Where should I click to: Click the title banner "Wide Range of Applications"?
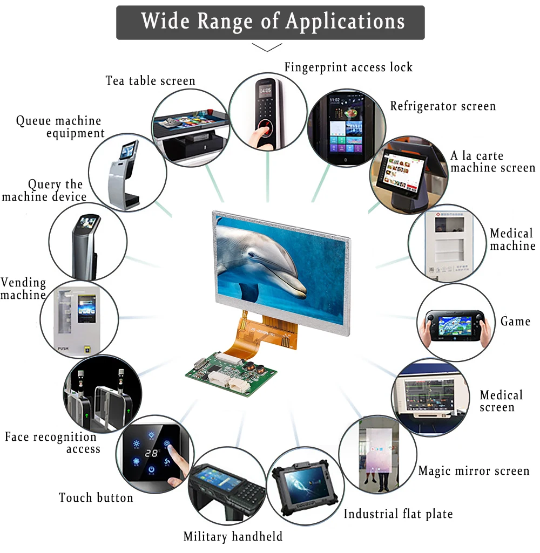pyautogui.click(x=270, y=22)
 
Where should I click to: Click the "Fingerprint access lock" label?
pyautogui.click(x=348, y=67)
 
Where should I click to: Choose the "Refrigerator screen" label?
pyautogui.click(x=443, y=106)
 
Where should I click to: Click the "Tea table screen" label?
pyautogui.click(x=150, y=81)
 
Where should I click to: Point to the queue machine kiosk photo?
pyautogui.click(x=127, y=172)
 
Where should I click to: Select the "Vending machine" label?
pyautogui.click(x=23, y=289)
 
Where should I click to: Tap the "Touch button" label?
pyautogui.click(x=96, y=497)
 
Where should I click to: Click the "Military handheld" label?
pyautogui.click(x=233, y=536)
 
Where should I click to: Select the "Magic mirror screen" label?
pyautogui.click(x=474, y=471)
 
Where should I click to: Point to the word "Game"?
pyautogui.click(x=515, y=322)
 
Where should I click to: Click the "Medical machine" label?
pyautogui.click(x=512, y=240)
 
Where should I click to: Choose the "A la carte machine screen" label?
pyautogui.click(x=492, y=162)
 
